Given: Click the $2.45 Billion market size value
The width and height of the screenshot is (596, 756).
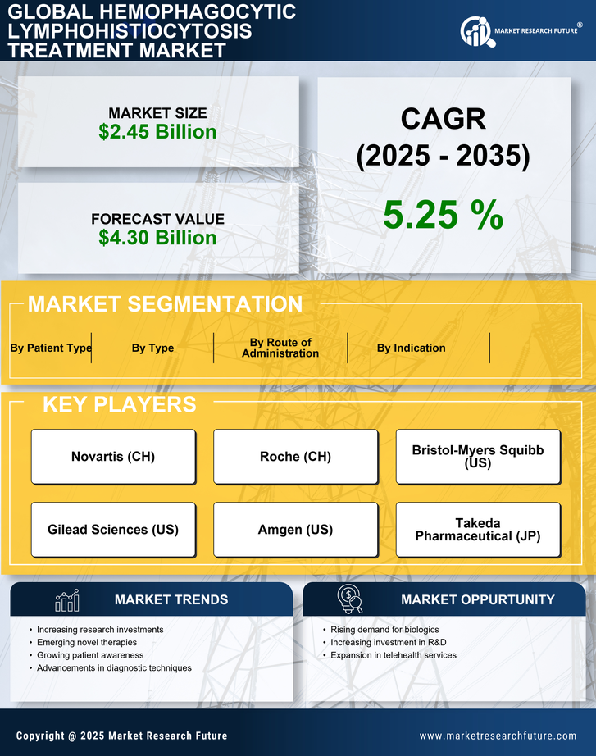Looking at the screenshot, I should click(x=157, y=132).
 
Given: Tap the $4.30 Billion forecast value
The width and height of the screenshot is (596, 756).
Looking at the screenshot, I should click(x=157, y=238).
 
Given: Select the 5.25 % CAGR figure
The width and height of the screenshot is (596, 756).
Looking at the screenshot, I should click(x=443, y=215).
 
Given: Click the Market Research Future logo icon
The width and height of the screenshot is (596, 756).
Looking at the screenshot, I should click(x=475, y=31).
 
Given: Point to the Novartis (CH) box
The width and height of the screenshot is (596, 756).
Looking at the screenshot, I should click(x=113, y=457).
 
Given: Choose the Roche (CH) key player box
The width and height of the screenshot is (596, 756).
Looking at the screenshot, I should click(x=295, y=457).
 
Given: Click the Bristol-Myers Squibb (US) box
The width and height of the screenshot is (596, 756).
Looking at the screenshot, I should click(x=478, y=457).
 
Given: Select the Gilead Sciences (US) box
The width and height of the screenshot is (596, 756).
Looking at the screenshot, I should click(x=113, y=530).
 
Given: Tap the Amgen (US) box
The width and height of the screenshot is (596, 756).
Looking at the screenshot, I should click(x=295, y=530).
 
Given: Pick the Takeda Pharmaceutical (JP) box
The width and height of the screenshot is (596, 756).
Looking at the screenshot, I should click(x=478, y=530).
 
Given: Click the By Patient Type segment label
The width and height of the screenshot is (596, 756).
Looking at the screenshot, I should click(x=51, y=348).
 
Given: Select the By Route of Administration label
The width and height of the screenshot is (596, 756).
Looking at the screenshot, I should click(x=280, y=348).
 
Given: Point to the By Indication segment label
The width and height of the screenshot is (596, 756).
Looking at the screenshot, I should click(x=412, y=348).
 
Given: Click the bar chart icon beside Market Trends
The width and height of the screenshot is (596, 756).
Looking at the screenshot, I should click(x=67, y=600).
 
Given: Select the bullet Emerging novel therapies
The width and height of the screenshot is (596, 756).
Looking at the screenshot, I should click(x=87, y=643).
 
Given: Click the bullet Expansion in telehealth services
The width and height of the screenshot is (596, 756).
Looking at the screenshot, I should click(x=394, y=655).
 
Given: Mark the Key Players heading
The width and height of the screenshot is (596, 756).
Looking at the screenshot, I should click(x=119, y=404).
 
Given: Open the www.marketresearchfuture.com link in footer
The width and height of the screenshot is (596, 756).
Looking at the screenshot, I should click(x=498, y=736).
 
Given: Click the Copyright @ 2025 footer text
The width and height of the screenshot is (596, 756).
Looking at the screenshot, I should click(x=121, y=736).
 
